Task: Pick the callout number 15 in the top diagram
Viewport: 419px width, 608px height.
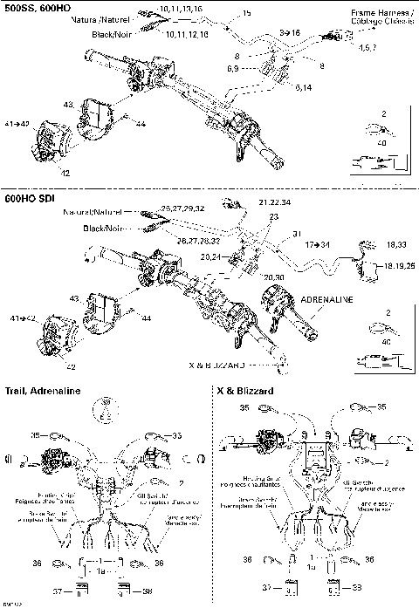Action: tap(246, 14)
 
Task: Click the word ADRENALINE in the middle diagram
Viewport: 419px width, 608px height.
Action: tap(326, 299)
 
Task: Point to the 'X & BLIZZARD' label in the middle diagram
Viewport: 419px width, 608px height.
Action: tap(218, 363)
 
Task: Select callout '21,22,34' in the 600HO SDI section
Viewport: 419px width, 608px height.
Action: tap(274, 202)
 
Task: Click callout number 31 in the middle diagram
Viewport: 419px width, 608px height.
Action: tap(296, 233)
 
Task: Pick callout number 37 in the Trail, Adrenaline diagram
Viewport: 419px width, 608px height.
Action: tap(58, 591)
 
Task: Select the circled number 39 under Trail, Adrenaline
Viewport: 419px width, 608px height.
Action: tap(106, 402)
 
